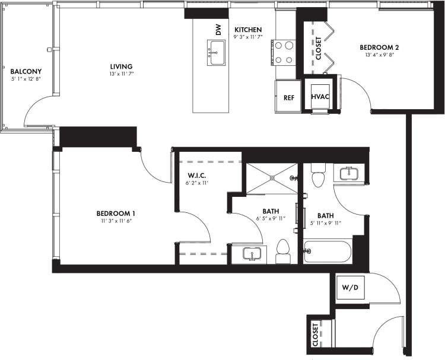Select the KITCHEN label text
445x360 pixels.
247,30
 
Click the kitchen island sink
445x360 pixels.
215,53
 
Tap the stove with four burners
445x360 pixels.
283,52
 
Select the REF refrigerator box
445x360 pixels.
289,97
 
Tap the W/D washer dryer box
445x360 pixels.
349,288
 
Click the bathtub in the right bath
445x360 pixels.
327,251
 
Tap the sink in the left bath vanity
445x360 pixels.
252,254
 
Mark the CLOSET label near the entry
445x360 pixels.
315,334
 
